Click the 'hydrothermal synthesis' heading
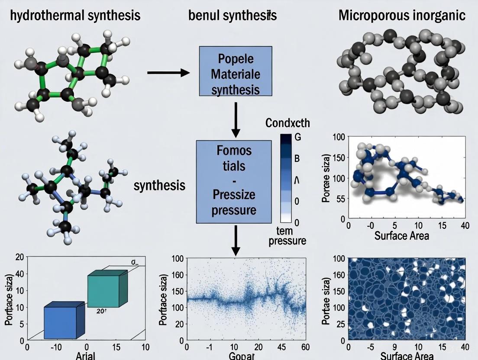click(x=75, y=16)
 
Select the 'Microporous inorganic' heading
click(x=402, y=16)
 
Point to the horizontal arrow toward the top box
click(x=168, y=72)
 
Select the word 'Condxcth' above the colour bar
click(x=287, y=123)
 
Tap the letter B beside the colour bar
click(x=297, y=159)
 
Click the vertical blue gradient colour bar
click(x=286, y=178)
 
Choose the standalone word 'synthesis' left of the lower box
click(x=159, y=186)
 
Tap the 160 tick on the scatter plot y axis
click(x=178, y=275)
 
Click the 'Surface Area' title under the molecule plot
click(x=401, y=235)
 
